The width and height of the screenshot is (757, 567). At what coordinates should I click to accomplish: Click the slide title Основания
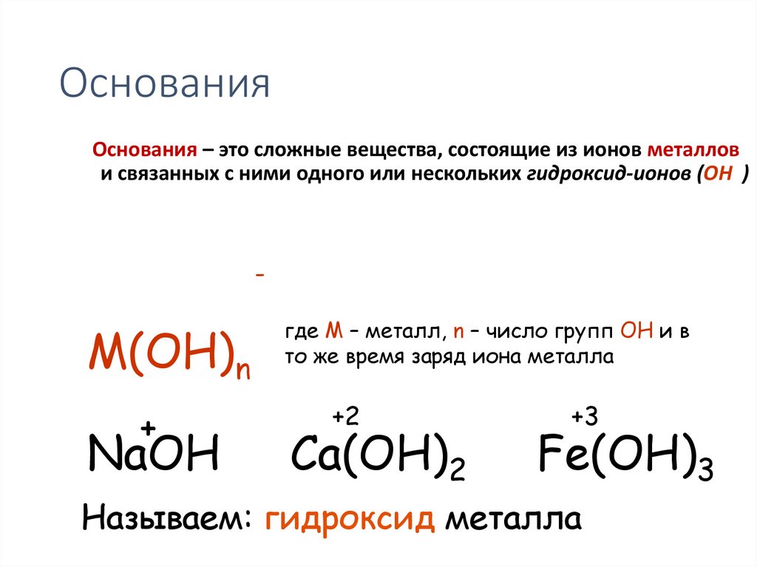click(x=164, y=84)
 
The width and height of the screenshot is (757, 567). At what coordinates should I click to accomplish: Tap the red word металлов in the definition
click(x=693, y=150)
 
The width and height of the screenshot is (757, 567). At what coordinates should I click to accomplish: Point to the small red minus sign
click(x=259, y=275)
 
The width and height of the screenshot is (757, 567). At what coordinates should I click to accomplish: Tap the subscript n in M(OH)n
click(x=242, y=369)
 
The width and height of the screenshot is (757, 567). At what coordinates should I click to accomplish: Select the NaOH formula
click(x=153, y=454)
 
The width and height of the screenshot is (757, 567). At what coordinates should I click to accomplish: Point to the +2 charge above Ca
click(x=345, y=417)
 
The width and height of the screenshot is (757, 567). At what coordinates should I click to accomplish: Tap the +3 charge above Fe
click(x=584, y=417)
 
